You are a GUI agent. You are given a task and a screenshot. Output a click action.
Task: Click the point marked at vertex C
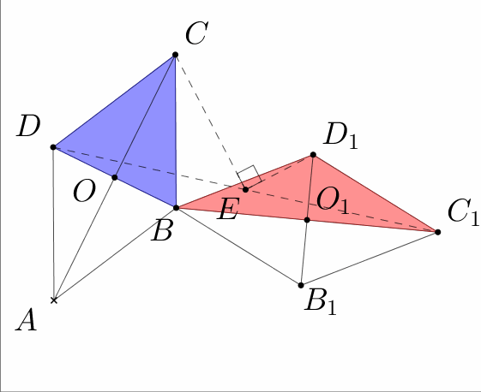[x=175, y=55]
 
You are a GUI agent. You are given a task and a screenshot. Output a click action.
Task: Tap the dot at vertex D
[x=53, y=147]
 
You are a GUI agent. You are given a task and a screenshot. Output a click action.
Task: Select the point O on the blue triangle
[x=115, y=177]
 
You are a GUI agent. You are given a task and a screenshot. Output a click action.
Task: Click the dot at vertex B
[x=176, y=208]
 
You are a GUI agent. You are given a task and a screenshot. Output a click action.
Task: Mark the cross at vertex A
[x=54, y=300]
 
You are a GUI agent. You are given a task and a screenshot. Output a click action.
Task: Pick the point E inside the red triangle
[x=245, y=190]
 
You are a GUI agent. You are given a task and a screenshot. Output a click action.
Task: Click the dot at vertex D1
[x=313, y=155]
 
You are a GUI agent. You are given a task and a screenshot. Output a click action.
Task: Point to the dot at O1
[x=307, y=220]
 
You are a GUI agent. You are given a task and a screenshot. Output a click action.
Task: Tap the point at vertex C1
[x=438, y=232]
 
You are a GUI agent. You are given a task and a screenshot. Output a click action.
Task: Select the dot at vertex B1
[x=301, y=285]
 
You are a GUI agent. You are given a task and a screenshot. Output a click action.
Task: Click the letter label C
[x=197, y=33]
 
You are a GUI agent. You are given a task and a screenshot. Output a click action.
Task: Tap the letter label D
[x=28, y=126]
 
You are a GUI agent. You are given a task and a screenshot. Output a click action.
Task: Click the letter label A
[x=27, y=320]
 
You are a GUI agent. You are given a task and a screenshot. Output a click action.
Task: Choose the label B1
[x=321, y=300]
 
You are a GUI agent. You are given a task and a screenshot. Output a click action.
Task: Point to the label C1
[x=463, y=211]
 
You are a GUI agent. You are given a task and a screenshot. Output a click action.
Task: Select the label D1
[x=340, y=134]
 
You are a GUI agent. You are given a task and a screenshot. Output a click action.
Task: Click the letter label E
[x=227, y=209]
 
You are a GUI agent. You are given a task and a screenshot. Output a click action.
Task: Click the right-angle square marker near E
[x=250, y=176]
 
